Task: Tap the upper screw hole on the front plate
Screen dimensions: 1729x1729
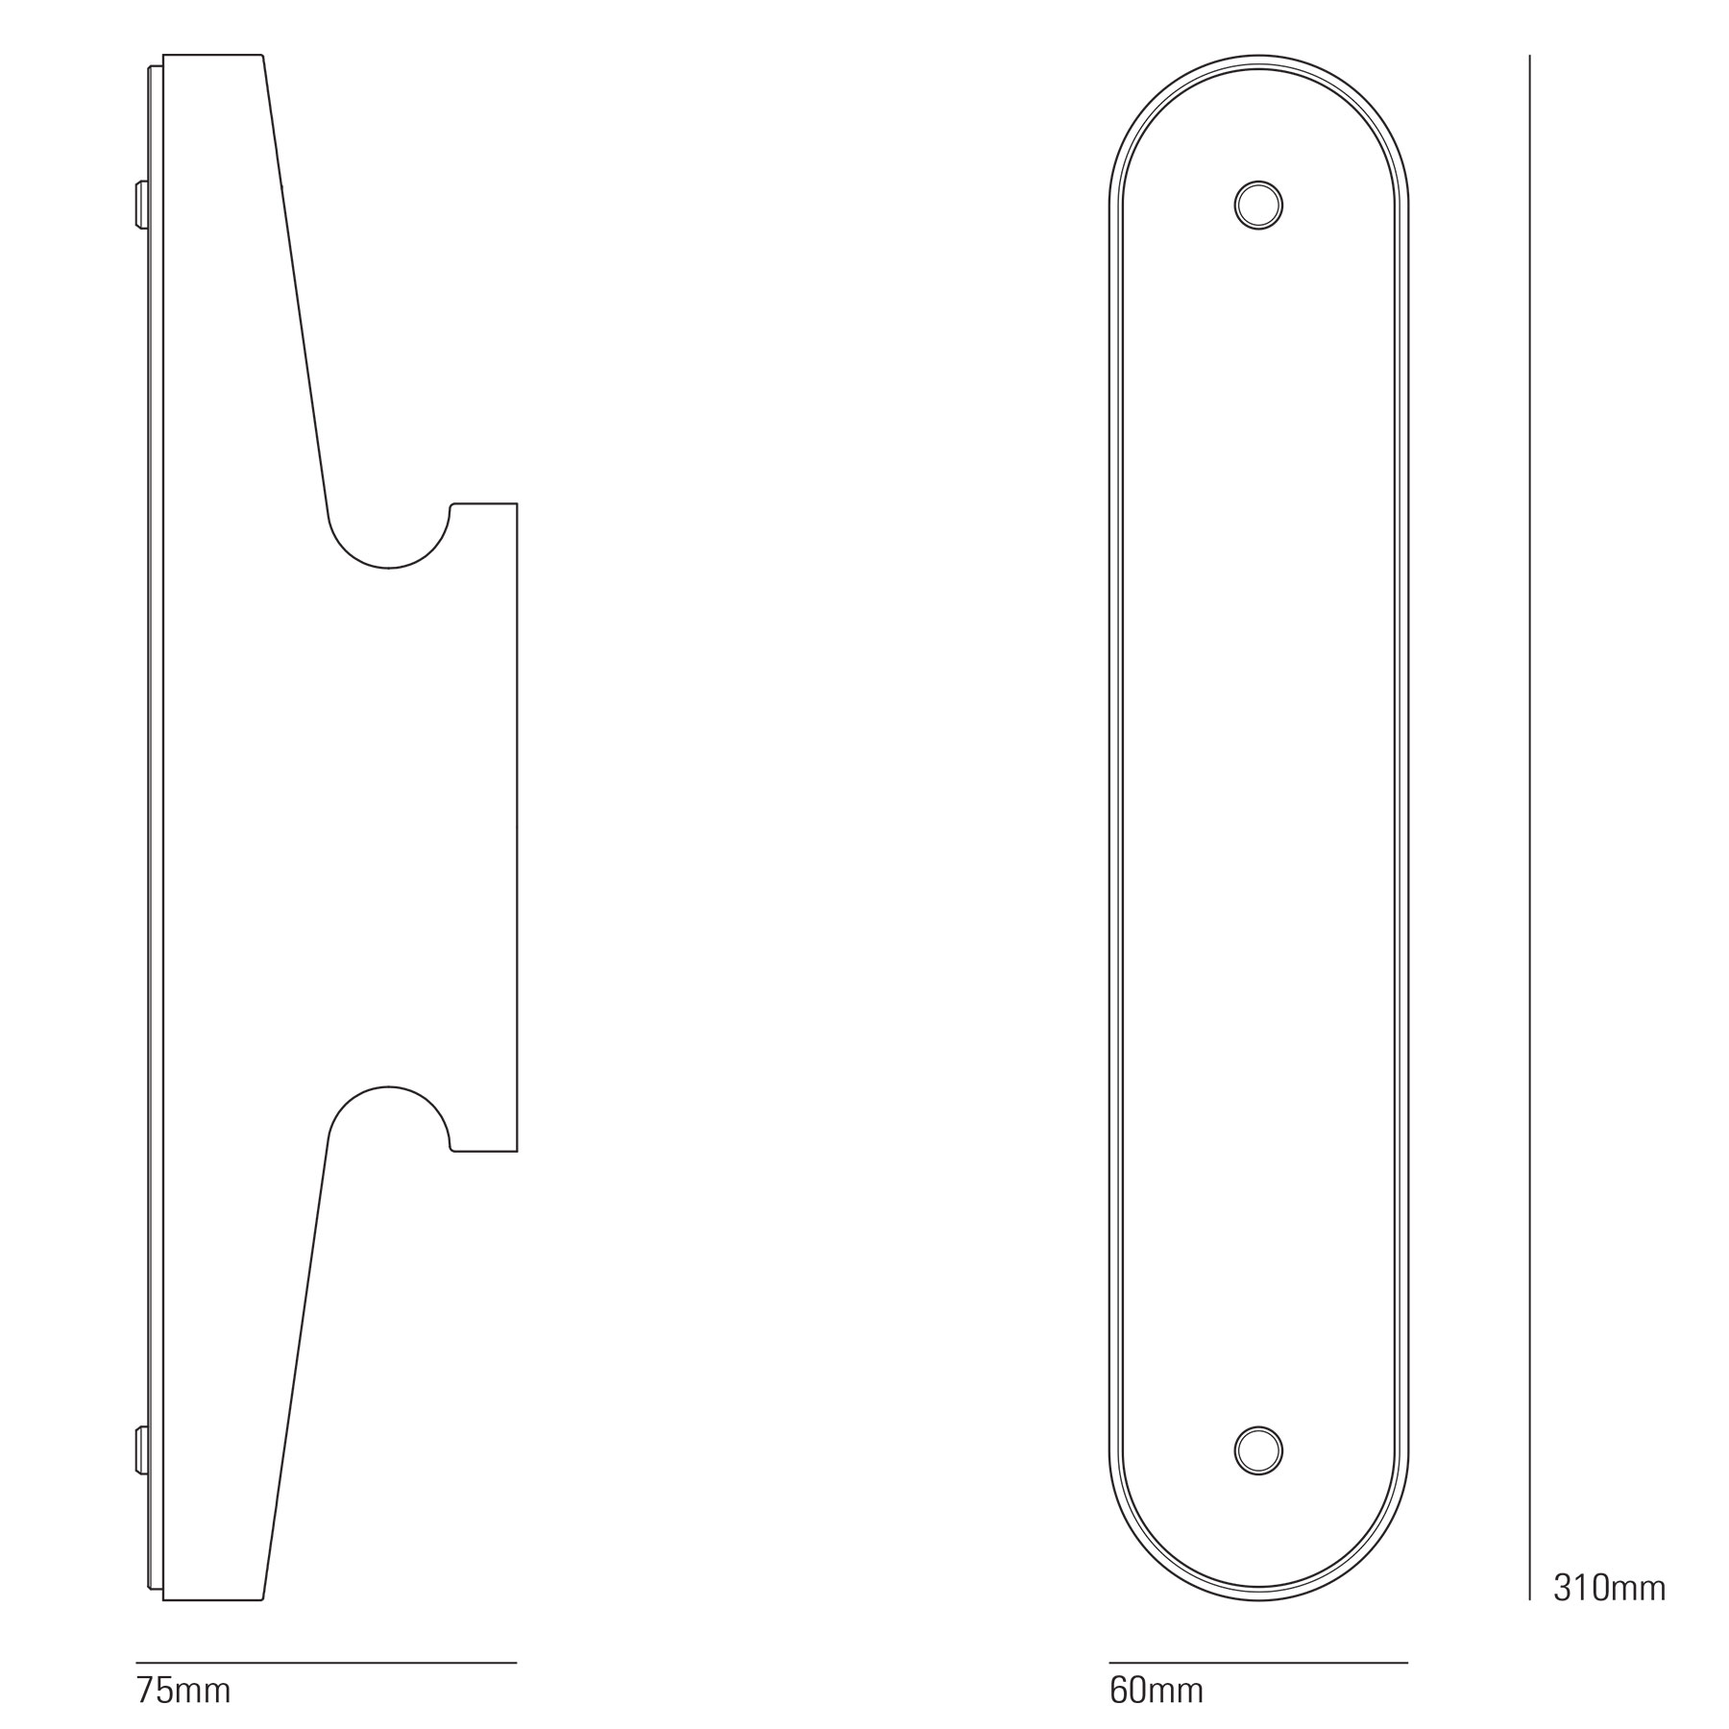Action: [x=1258, y=205]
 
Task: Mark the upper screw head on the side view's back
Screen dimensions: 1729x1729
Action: [x=142, y=205]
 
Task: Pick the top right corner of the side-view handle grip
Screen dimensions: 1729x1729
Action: [x=517, y=504]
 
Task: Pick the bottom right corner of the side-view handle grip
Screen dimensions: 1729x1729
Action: [x=517, y=1150]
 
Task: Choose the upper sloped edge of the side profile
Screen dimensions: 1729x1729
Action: [x=296, y=288]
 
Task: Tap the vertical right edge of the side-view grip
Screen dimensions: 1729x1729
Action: [x=518, y=826]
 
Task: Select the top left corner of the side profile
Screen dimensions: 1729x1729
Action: [x=164, y=56]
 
